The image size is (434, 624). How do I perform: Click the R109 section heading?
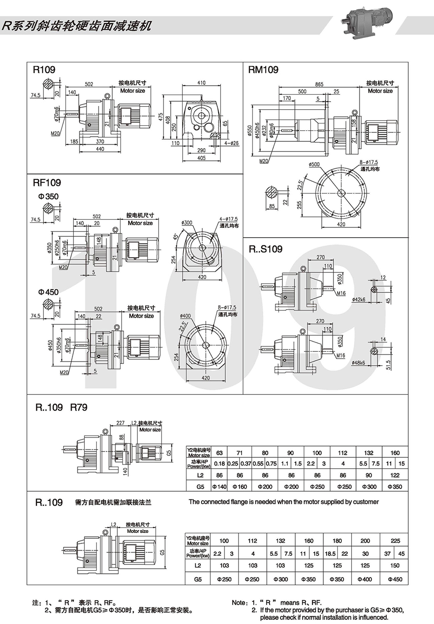click(x=44, y=70)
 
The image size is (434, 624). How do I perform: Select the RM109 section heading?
click(x=263, y=70)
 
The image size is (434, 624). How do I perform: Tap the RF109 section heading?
click(x=47, y=183)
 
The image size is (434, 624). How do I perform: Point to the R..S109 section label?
click(x=266, y=249)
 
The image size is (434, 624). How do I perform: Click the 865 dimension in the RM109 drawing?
click(x=319, y=84)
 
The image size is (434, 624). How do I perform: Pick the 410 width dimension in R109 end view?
click(x=202, y=83)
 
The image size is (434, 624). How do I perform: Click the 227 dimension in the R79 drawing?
click(x=120, y=423)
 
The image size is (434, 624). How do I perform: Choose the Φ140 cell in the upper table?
click(x=219, y=486)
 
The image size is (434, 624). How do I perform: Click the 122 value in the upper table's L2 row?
click(x=395, y=475)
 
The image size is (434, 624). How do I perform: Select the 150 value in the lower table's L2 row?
click(x=395, y=565)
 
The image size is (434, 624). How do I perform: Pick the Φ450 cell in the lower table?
click(x=395, y=579)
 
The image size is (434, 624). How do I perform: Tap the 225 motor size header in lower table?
click(x=395, y=541)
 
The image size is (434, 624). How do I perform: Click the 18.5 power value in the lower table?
click(x=330, y=553)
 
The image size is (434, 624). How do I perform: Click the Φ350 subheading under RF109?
click(x=48, y=196)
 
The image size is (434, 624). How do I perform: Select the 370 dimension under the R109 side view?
click(x=100, y=141)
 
